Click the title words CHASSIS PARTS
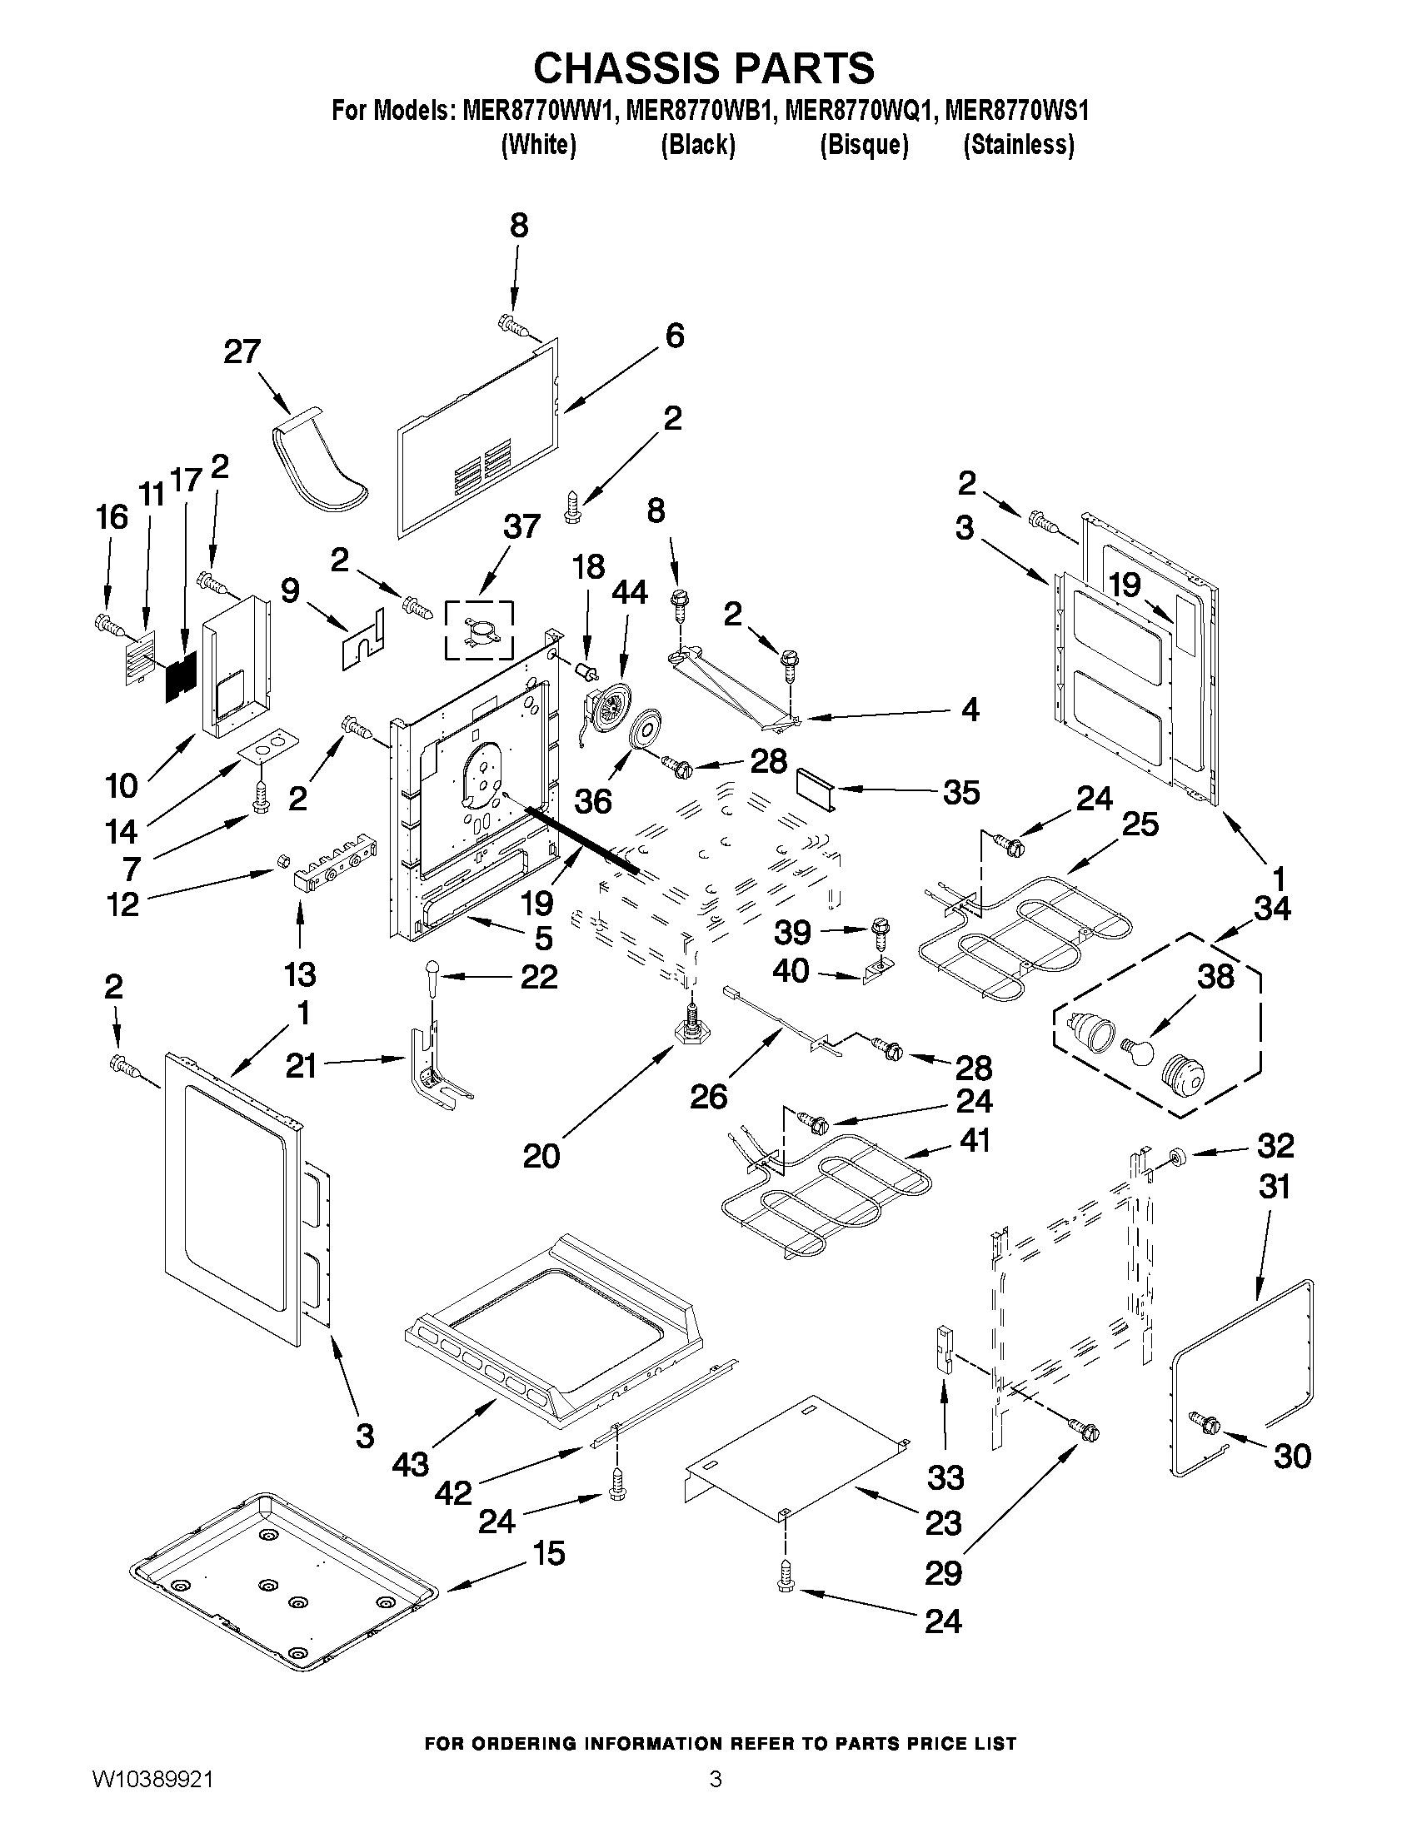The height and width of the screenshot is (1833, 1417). click(x=703, y=67)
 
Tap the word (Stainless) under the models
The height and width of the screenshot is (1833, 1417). click(x=1018, y=145)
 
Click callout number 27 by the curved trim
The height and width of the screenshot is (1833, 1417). click(x=242, y=351)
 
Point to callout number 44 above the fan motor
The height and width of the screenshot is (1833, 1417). click(x=629, y=591)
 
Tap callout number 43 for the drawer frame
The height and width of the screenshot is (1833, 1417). click(x=410, y=1465)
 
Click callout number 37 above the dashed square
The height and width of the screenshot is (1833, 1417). click(x=521, y=527)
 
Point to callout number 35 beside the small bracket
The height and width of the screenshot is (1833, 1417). click(x=960, y=791)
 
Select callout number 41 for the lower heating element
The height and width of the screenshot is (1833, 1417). click(x=974, y=1140)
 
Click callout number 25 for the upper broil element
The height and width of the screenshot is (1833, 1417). click(x=1140, y=824)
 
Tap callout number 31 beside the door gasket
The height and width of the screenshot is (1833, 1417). click(x=1275, y=1187)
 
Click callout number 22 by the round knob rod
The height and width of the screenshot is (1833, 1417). click(x=538, y=976)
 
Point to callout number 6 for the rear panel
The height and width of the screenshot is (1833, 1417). click(x=674, y=336)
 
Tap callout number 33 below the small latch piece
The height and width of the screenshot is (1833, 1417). click(x=945, y=1477)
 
